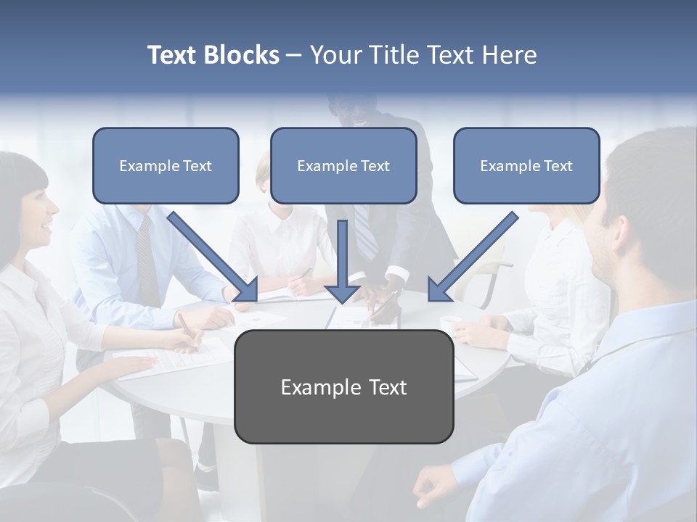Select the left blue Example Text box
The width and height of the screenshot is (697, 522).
point(166,166)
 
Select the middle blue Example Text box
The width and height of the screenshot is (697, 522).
point(343,166)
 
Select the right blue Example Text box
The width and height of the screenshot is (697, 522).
point(526,166)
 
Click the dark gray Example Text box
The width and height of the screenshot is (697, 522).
point(343,387)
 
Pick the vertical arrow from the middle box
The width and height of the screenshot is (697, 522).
point(342,261)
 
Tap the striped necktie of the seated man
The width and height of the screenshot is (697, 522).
point(148,261)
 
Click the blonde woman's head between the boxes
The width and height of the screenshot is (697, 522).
point(263,174)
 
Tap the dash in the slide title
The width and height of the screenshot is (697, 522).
point(294,56)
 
